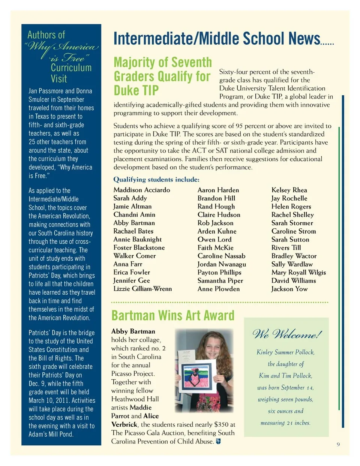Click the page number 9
point(338,444)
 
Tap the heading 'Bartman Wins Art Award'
point(173,316)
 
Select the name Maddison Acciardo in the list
point(142,190)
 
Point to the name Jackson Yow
point(289,289)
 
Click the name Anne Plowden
point(219,289)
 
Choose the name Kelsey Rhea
point(289,190)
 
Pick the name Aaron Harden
point(218,190)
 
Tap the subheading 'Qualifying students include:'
point(156,180)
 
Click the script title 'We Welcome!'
point(287,334)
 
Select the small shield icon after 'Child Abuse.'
point(219,441)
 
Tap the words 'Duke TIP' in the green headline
point(136,90)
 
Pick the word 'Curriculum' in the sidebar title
point(71,68)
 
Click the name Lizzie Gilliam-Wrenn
point(142,289)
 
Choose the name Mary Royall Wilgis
point(298,273)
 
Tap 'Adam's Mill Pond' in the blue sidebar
point(51,434)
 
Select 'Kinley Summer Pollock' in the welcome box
point(285,352)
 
